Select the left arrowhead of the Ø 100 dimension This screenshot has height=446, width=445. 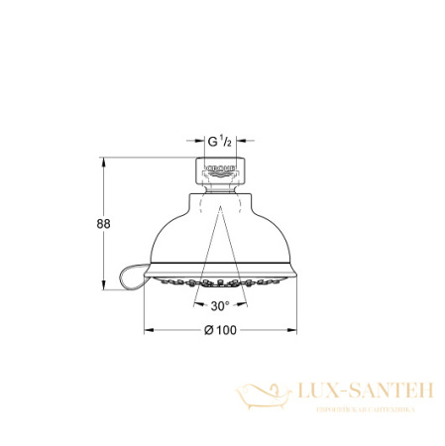click(150, 328)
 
